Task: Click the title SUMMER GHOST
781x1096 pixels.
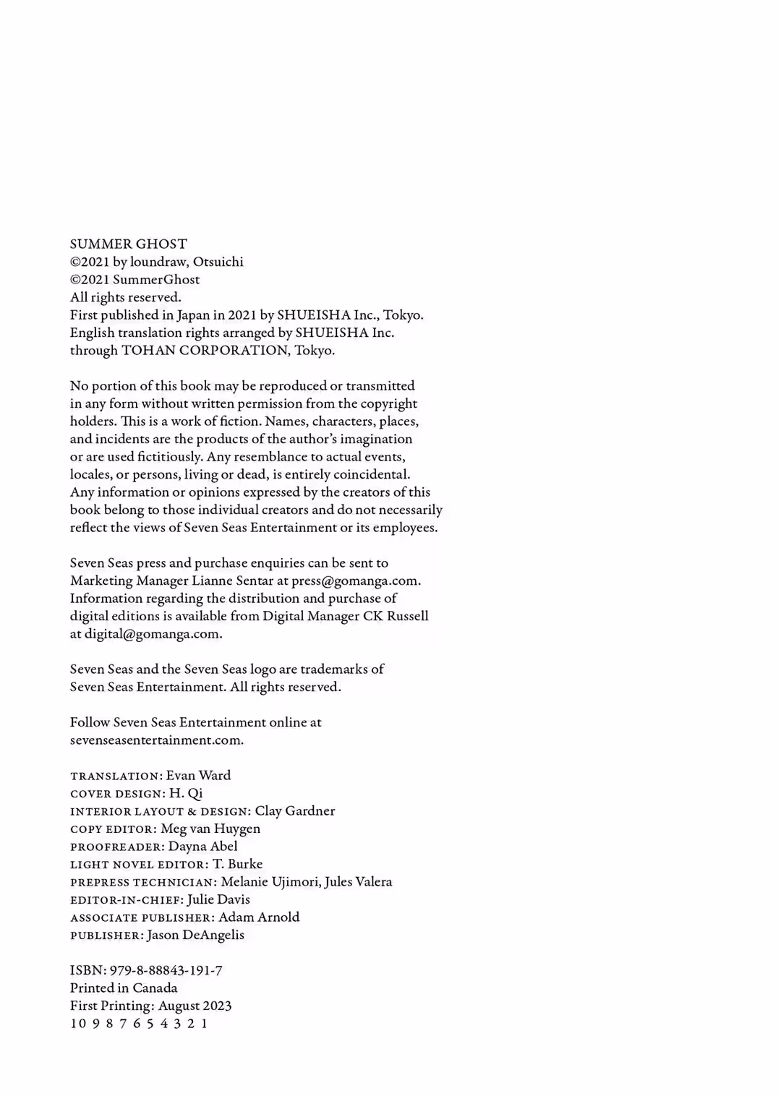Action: click(129, 244)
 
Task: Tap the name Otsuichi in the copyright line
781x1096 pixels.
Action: click(218, 262)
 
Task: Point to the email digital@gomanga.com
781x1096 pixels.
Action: click(152, 634)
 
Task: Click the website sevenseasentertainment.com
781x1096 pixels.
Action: click(156, 740)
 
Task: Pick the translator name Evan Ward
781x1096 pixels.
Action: click(198, 776)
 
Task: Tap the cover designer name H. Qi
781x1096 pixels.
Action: click(186, 793)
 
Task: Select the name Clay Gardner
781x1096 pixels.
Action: click(295, 811)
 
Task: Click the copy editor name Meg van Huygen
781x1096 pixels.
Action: click(210, 829)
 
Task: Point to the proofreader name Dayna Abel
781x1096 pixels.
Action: click(202, 847)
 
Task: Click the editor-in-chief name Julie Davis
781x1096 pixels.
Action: click(218, 899)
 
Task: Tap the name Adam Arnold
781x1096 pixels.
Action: click(259, 917)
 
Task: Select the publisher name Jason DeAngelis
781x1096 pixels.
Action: click(195, 935)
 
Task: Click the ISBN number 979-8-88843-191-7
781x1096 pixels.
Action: click(166, 970)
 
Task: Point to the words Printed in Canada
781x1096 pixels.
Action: click(124, 988)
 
